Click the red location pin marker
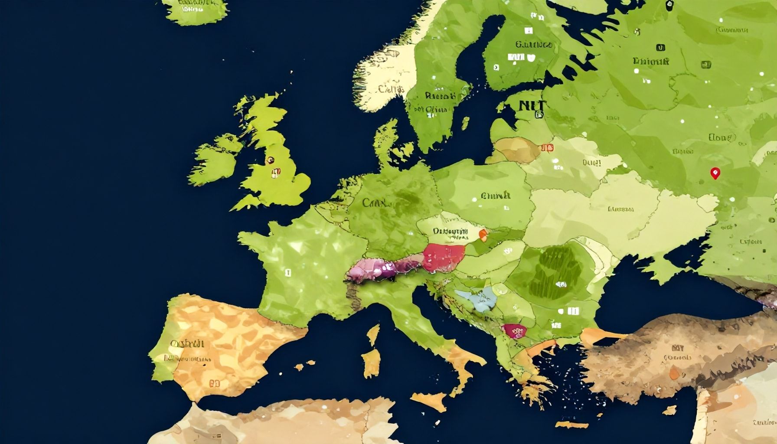pos(715,173)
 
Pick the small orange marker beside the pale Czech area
pos(483,235)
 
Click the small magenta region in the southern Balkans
pos(515,331)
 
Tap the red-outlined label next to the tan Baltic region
pos(547,148)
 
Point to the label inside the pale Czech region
pos(450,232)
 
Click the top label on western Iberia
pos(187,344)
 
